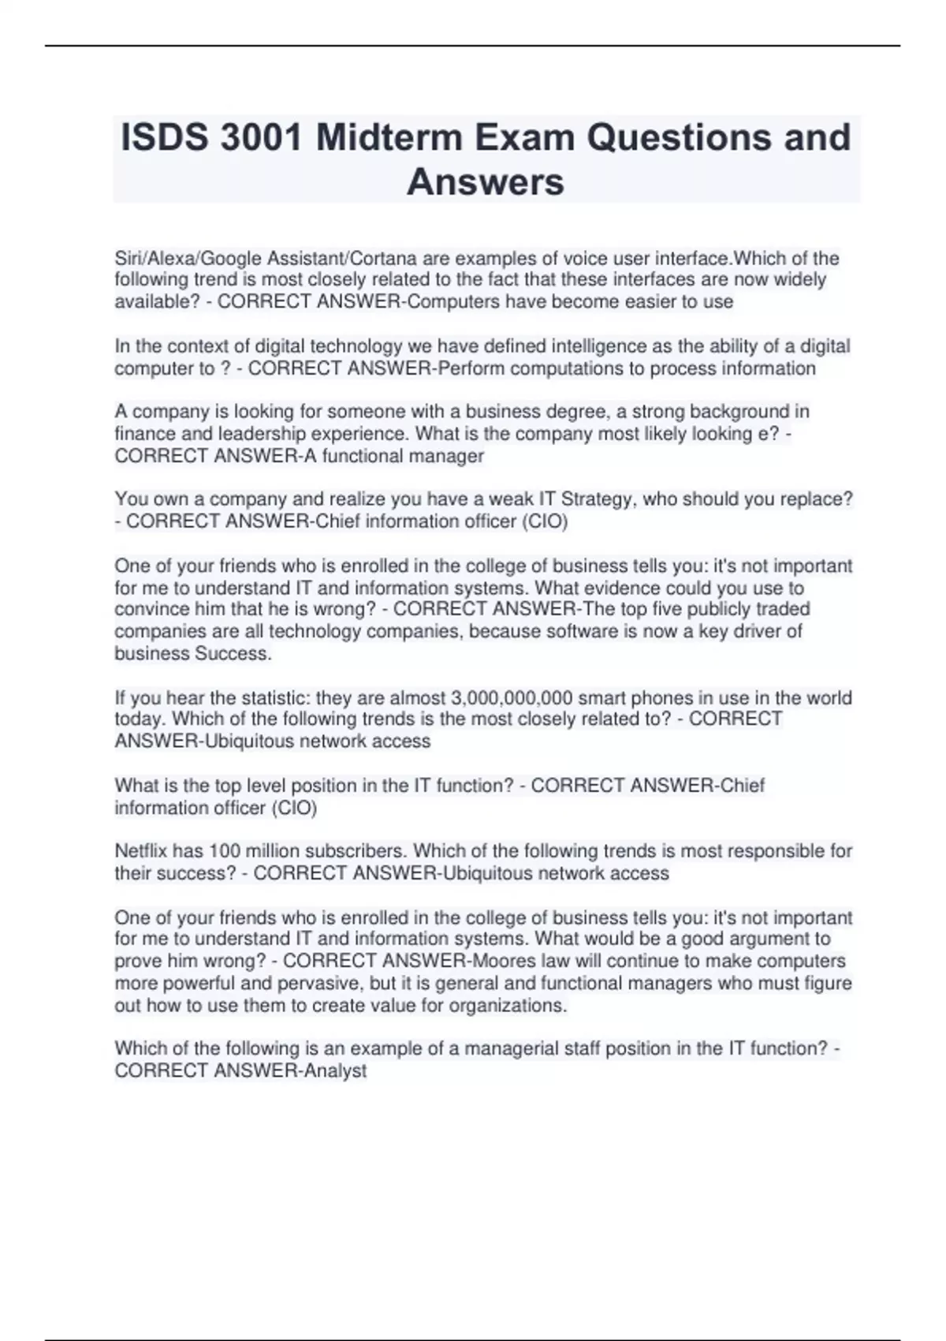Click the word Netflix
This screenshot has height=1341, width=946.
(x=141, y=851)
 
